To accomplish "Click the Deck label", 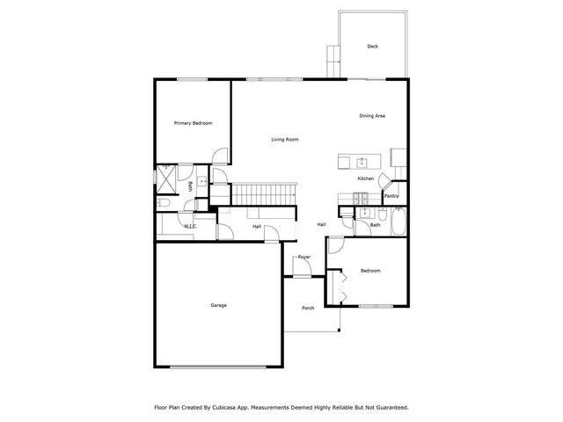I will click(x=373, y=46).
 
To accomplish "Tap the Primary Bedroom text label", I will click(x=193, y=123).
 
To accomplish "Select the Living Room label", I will click(x=284, y=140).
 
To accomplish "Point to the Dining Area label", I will click(x=372, y=116).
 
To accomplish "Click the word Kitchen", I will click(x=366, y=178).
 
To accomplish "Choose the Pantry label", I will click(x=391, y=196).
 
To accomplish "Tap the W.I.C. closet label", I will click(x=190, y=226).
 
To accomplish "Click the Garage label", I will click(x=218, y=305).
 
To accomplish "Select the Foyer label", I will click(x=304, y=257).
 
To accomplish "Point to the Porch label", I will click(x=308, y=308).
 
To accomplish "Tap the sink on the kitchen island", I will click(x=361, y=162).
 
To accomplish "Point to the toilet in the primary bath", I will click(x=164, y=202).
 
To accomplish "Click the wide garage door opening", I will click(x=219, y=366).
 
